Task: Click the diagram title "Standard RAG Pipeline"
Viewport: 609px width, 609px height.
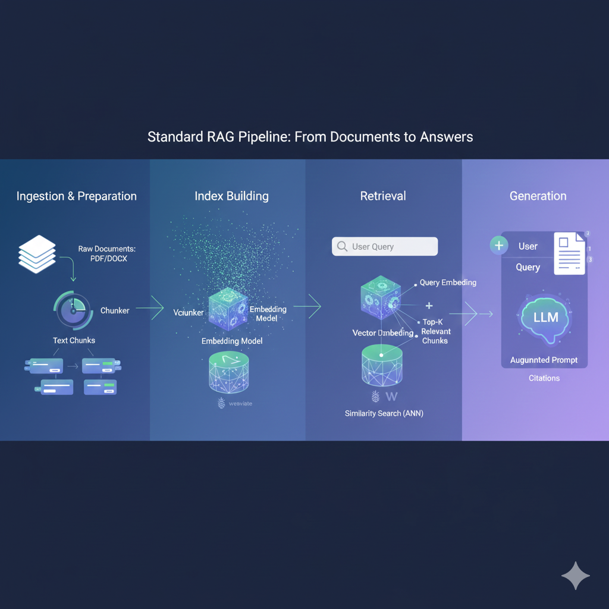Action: click(310, 137)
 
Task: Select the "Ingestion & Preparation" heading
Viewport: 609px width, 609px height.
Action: click(76, 196)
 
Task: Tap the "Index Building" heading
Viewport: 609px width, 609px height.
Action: click(231, 196)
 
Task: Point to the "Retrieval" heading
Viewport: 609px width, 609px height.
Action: click(383, 196)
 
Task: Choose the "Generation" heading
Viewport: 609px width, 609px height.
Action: click(538, 196)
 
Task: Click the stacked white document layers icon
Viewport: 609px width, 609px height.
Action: click(37, 254)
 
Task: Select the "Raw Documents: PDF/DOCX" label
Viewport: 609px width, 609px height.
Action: click(106, 254)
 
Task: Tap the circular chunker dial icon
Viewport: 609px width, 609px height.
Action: click(73, 310)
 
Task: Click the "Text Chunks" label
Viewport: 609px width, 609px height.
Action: click(74, 341)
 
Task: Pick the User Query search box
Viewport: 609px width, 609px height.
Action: click(385, 246)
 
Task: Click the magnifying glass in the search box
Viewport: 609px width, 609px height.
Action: click(342, 246)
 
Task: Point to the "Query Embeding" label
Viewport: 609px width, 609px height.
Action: click(448, 282)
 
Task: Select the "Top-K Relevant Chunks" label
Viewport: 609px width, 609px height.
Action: click(435, 331)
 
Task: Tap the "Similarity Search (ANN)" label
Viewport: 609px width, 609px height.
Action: click(384, 413)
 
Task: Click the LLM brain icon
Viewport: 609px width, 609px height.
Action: click(545, 318)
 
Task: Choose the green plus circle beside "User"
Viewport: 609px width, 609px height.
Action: click(498, 246)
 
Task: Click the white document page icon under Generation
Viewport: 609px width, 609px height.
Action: click(569, 253)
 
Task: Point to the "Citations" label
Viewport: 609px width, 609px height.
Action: click(544, 378)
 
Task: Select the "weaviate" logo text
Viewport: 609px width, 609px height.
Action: click(240, 404)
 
